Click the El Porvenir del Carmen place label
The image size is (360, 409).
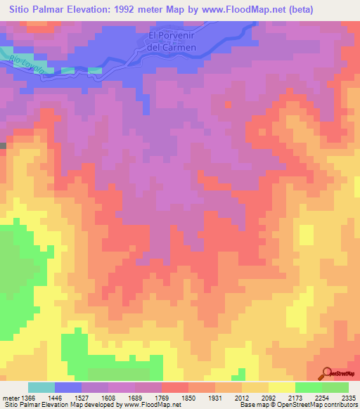[x=172, y=41]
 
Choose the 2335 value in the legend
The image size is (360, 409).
[x=349, y=398]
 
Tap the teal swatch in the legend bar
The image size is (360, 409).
[x=41, y=387]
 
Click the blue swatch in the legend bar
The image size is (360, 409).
[x=68, y=387]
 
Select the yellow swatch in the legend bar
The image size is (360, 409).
[x=281, y=387]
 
